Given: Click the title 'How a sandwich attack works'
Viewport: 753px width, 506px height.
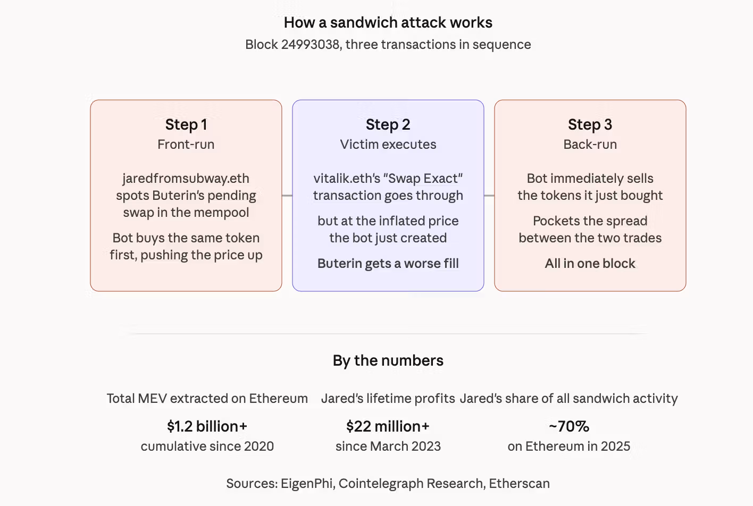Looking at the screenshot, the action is point(388,23).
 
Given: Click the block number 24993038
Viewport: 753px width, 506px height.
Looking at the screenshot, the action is point(310,44).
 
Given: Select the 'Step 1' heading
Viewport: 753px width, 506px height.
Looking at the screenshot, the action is point(186,125).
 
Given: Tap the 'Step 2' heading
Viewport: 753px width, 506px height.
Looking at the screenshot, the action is point(388,125).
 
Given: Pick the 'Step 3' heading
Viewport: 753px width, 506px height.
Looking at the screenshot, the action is point(590,125).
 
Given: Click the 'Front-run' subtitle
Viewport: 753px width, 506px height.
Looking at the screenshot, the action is point(186,145).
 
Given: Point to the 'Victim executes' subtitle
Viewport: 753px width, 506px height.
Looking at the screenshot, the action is point(388,145).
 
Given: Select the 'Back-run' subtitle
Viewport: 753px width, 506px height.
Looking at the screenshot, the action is point(590,145).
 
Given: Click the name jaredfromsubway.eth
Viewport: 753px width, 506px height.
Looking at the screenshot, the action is point(186,179).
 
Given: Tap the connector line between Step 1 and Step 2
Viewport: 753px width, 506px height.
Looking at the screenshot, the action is point(287,196).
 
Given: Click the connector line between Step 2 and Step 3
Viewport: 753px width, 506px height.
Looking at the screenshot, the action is point(489,196).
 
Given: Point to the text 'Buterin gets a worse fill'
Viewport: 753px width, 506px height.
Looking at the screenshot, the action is point(388,264).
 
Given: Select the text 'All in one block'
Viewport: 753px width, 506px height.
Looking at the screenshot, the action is point(590,264).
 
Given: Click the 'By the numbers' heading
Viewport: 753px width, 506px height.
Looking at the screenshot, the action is point(388,360).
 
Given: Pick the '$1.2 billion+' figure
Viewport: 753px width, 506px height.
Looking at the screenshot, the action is point(207,426).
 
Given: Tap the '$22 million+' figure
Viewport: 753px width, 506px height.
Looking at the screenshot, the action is point(388,426).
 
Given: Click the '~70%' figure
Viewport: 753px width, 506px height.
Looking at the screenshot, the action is point(569,426).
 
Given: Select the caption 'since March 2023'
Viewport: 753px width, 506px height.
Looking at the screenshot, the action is point(388,446).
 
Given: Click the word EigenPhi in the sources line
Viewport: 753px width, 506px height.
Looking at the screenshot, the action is point(307,484).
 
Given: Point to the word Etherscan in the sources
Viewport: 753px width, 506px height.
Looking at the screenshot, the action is point(520,484).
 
